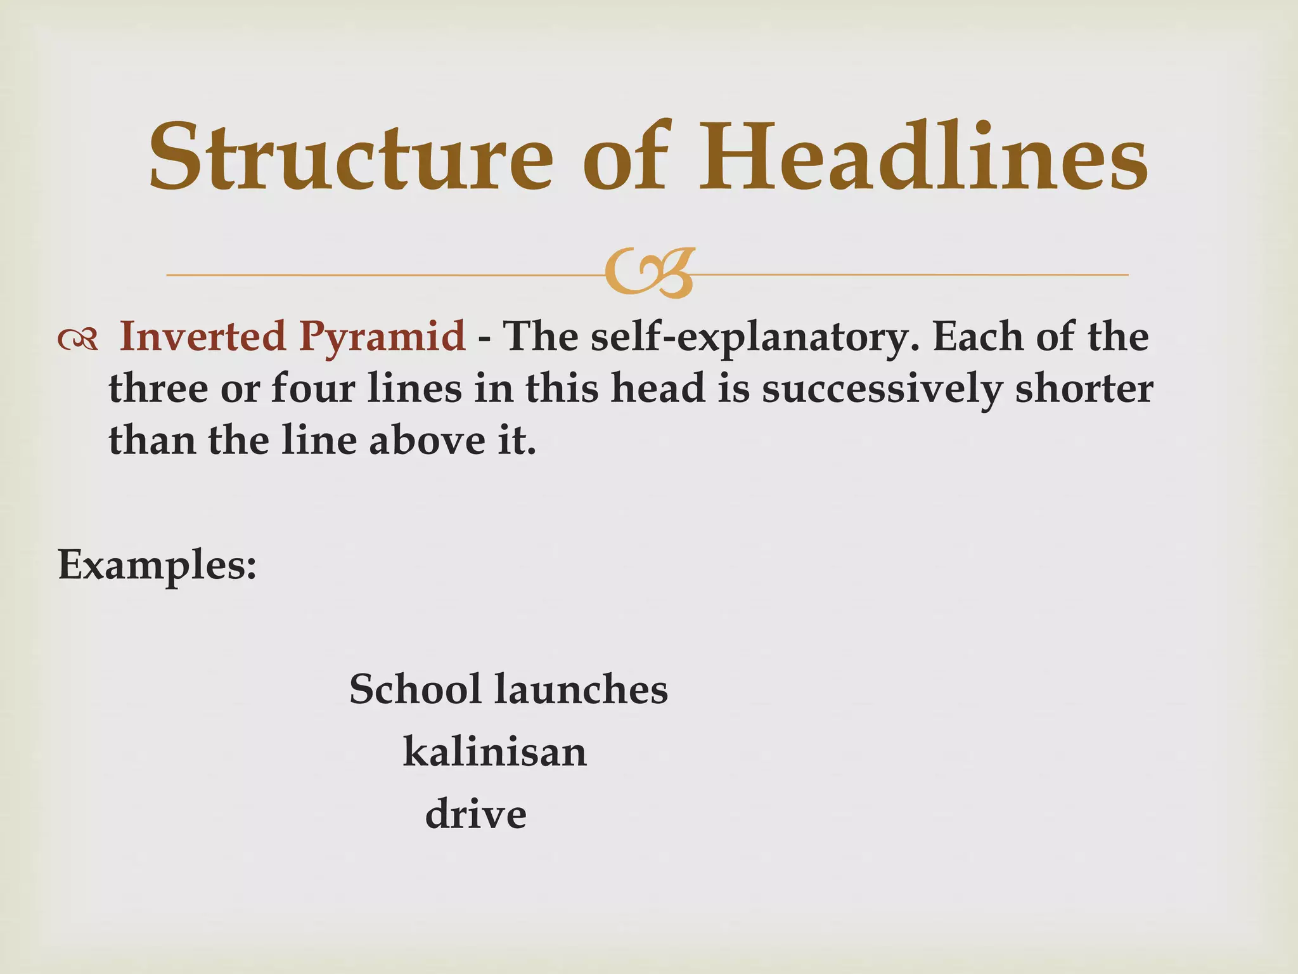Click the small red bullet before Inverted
click(77, 341)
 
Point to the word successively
click(883, 389)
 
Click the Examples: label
click(157, 564)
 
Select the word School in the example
click(415, 689)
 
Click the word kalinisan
click(495, 752)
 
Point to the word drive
click(475, 814)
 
